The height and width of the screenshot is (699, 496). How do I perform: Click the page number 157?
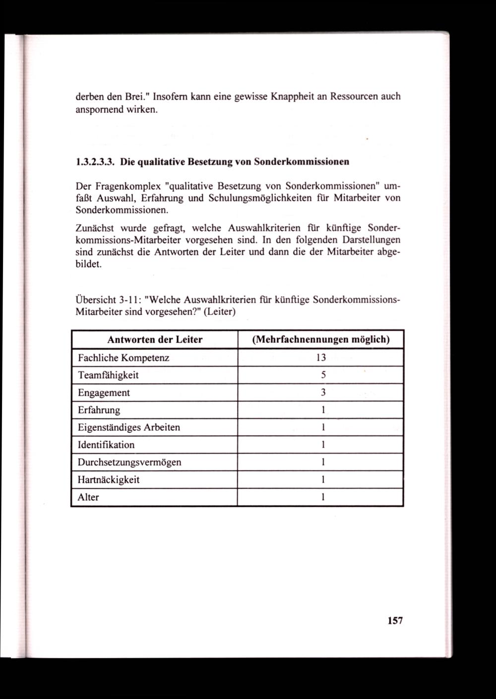click(395, 621)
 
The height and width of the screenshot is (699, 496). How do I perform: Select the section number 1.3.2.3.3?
click(96, 162)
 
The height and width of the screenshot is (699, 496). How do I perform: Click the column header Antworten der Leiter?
click(155, 340)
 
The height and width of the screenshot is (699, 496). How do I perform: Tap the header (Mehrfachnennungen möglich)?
click(320, 340)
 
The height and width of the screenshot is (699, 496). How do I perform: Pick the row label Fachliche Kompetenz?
click(124, 358)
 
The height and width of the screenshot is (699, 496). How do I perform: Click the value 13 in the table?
click(320, 358)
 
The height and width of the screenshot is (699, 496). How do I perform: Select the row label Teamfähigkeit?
click(108, 375)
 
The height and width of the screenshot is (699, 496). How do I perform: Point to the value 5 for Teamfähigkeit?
click(323, 375)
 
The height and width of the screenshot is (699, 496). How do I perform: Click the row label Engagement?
click(104, 393)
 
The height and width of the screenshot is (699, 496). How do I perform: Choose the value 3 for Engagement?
click(323, 393)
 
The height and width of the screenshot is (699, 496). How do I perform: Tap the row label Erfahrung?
click(99, 410)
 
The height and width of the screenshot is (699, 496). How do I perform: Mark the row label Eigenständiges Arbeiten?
click(129, 427)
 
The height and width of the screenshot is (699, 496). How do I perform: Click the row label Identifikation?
click(106, 445)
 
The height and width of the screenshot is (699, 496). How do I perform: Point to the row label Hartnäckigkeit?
click(109, 480)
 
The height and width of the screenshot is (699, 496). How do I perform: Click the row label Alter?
click(88, 497)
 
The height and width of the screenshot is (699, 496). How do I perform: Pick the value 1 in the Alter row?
click(323, 497)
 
